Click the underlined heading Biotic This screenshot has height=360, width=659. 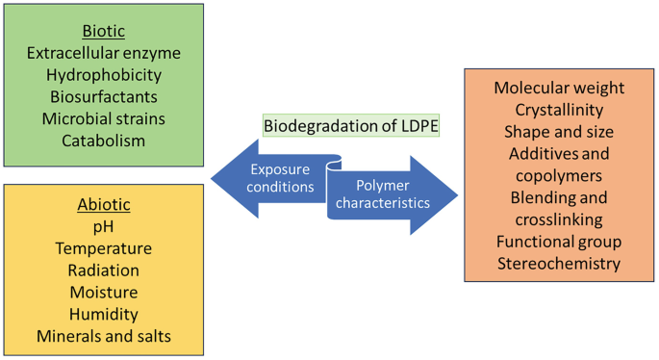coord(104,31)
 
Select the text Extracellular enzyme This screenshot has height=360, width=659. coord(104,53)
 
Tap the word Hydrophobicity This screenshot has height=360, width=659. coord(104,75)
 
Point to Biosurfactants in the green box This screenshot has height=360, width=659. coord(104,97)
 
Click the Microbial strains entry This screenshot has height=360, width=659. coord(104,119)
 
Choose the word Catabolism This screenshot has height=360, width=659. coord(104,141)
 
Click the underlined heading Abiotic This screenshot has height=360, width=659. coord(104,205)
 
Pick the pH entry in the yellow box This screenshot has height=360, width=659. coord(104,227)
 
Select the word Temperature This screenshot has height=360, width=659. coord(104,248)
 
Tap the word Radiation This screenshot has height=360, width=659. coord(104,270)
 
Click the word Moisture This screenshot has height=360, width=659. coord(104,293)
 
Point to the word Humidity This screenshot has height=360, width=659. coord(104,315)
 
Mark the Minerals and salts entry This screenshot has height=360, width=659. coord(104,337)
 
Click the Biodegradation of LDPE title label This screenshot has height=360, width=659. coord(350,126)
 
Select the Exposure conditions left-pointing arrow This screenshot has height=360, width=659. coord(268,178)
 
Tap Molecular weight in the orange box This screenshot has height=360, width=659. coord(559,89)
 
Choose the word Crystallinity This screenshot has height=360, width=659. coord(559,110)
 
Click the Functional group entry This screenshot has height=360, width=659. coord(559,242)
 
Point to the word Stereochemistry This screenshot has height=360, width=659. coord(559,264)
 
